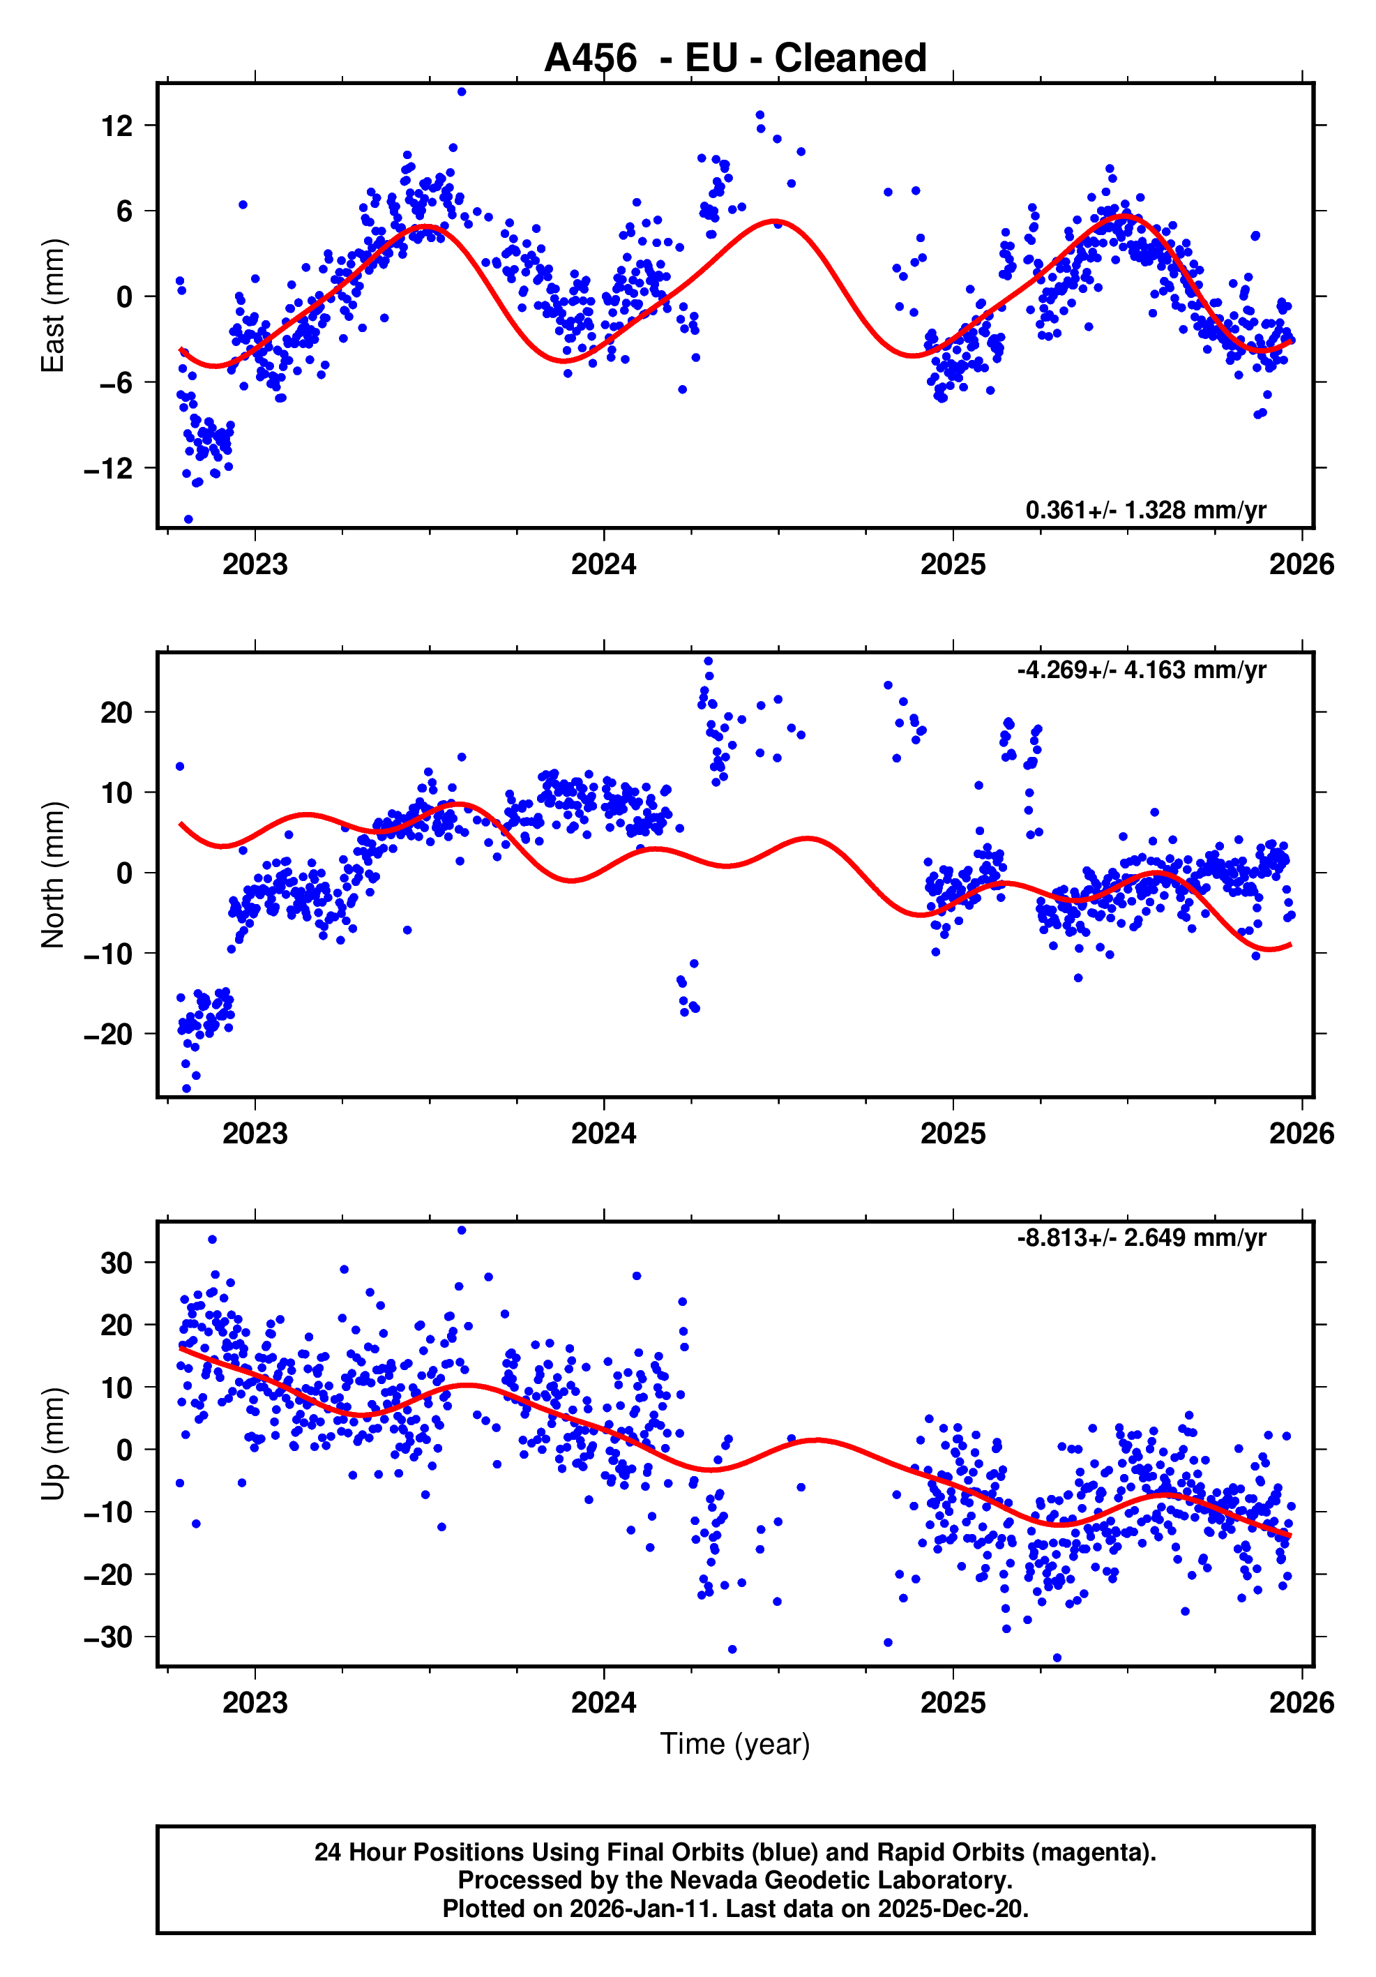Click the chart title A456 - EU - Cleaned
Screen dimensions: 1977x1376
734,59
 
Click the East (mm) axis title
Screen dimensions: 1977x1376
52,306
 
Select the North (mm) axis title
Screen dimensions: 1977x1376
52,875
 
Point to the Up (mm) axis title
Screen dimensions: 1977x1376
52,1443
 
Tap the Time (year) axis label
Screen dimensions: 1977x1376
734,1743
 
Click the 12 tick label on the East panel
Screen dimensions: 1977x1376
117,126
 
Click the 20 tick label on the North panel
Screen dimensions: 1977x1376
117,713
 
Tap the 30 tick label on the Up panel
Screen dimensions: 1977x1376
117,1263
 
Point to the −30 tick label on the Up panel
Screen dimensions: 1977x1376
109,1637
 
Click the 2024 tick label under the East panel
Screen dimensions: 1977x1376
604,565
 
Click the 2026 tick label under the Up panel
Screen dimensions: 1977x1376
1301,1702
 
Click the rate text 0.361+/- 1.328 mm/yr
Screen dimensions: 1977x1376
1145,511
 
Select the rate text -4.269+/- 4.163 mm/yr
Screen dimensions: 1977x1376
1141,670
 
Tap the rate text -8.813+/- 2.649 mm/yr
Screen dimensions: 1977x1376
1141,1238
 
